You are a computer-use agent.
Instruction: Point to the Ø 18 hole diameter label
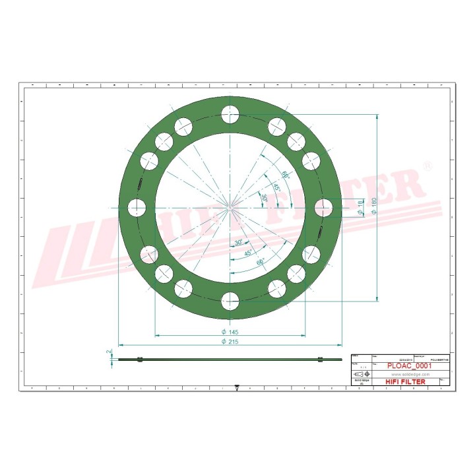click(360, 207)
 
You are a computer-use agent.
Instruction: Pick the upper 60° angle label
click(285, 175)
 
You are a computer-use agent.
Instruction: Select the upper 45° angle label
click(277, 187)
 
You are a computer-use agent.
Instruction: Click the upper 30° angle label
click(265, 198)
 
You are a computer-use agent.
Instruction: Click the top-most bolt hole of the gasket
click(230, 115)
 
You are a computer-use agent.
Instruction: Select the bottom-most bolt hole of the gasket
click(230, 301)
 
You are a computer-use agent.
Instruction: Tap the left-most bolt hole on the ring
click(137, 208)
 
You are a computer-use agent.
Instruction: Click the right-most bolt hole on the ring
click(323, 208)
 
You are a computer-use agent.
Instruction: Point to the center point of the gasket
click(230, 208)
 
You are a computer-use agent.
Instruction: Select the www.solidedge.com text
click(401, 373)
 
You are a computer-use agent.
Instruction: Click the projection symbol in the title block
click(362, 374)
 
